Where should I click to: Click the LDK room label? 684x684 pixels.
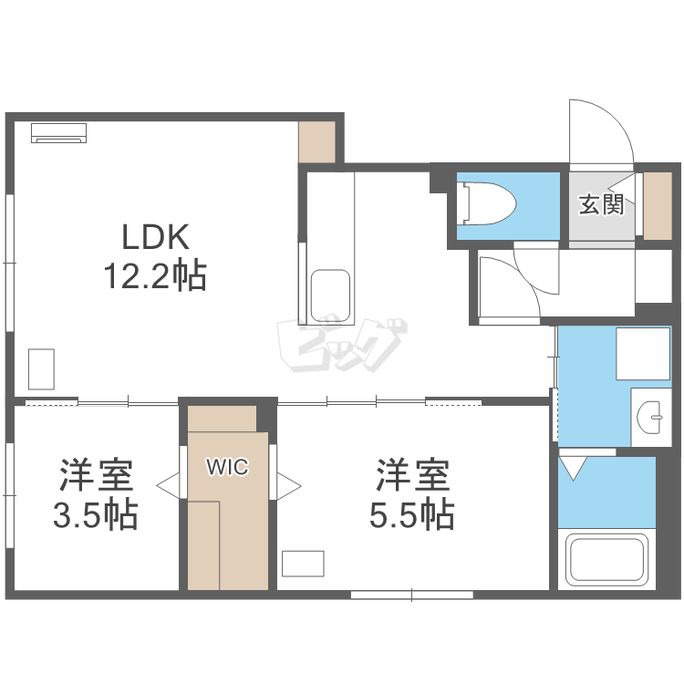155,237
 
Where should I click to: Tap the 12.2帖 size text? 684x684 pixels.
155,275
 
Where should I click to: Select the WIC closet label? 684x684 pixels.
227,467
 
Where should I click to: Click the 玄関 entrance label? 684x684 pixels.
602,204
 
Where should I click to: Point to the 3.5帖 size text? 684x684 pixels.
96,514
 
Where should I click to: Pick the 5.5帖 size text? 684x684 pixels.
412,514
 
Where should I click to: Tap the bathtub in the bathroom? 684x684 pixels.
606,559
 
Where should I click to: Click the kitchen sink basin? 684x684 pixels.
331,296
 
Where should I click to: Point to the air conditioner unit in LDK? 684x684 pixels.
59,133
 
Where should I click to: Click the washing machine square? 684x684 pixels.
643,354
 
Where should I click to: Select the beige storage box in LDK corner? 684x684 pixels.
316,141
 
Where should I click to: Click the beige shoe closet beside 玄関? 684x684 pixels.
658,206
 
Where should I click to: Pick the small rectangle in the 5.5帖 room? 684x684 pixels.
303,564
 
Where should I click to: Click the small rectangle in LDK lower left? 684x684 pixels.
41,369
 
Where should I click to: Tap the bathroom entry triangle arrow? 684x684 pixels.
573,468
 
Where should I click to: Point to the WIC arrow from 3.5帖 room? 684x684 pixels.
168,485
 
